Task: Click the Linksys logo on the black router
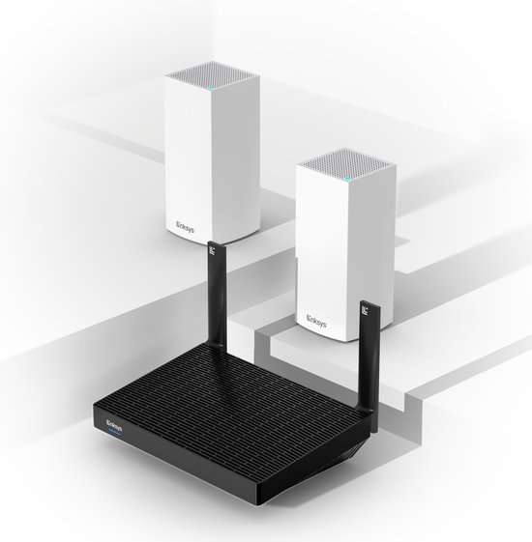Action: [114, 425]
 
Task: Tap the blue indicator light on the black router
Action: [114, 433]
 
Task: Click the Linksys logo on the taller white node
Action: [186, 227]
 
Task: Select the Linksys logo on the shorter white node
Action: [316, 321]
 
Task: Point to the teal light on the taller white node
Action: [211, 88]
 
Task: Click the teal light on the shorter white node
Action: [348, 179]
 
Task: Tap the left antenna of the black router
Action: [218, 295]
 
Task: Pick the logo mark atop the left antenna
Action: [212, 249]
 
